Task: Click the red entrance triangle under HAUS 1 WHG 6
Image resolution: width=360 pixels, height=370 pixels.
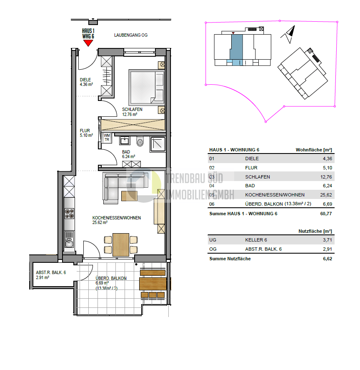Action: point(88,43)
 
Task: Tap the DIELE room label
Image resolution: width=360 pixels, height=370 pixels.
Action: point(85,80)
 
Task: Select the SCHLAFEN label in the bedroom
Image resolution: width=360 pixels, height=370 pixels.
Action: point(132,109)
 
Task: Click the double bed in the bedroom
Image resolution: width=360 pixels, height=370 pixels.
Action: point(147,88)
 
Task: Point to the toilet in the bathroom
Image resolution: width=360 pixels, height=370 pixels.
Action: point(140,141)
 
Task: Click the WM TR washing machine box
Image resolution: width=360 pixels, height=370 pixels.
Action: point(107,138)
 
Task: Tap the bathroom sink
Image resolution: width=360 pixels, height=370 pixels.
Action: point(125,141)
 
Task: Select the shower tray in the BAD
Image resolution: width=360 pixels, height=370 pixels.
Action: point(158,144)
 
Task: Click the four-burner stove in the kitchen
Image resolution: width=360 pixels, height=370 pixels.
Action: point(69,214)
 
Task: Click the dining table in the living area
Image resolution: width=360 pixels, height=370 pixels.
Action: point(121,245)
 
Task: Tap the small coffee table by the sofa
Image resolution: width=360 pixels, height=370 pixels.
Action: point(129,196)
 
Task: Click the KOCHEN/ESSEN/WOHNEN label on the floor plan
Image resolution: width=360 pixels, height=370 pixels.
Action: point(117,218)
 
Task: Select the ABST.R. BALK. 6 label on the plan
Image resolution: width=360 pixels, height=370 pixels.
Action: point(51,272)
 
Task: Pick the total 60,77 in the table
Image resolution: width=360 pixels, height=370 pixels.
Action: point(326,214)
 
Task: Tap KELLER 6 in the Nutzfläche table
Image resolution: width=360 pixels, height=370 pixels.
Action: point(256,240)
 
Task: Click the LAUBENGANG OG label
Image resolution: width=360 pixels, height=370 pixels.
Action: point(131,35)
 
